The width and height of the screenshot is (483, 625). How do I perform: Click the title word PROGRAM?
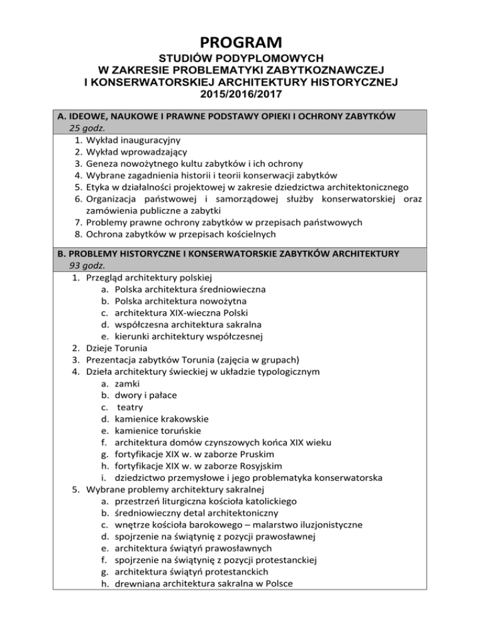point(241,43)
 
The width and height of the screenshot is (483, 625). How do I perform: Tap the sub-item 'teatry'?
point(130,407)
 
